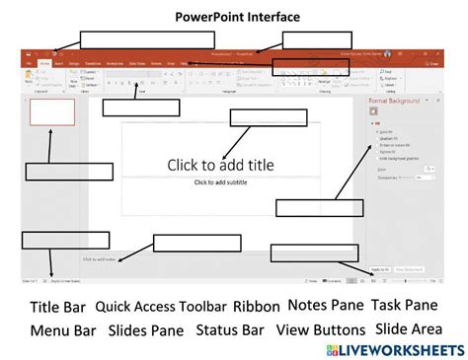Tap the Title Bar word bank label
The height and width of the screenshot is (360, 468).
pyautogui.click(x=57, y=307)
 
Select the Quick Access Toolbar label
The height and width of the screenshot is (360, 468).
pyautogui.click(x=161, y=307)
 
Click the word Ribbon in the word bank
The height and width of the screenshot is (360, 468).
pyautogui.click(x=257, y=307)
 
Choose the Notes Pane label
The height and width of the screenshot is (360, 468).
pyautogui.click(x=326, y=306)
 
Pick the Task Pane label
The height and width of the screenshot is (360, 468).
pyautogui.click(x=404, y=306)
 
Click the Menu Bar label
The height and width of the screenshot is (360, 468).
pyautogui.click(x=62, y=330)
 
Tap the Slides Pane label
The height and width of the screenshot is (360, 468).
pyautogui.click(x=146, y=330)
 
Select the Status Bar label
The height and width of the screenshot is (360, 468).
pyautogui.click(x=230, y=330)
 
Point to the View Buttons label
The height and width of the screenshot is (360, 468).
pyautogui.click(x=321, y=330)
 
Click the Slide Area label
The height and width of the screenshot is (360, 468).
pyautogui.click(x=407, y=330)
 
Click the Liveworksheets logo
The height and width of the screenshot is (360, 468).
pyautogui.click(x=392, y=351)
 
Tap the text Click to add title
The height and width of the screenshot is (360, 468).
pyautogui.click(x=220, y=165)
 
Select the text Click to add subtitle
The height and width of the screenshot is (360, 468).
pyautogui.click(x=221, y=182)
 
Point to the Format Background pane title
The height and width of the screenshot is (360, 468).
pyautogui.click(x=397, y=102)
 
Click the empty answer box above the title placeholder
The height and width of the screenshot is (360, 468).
pyautogui.click(x=255, y=117)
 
